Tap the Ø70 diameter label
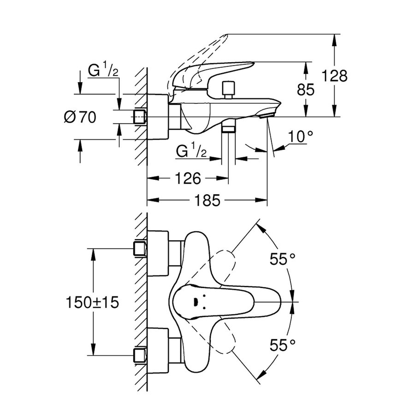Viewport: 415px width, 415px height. (x=80, y=118)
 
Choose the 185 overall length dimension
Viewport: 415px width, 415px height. (x=207, y=201)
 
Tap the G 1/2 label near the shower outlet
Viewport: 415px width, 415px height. (x=192, y=151)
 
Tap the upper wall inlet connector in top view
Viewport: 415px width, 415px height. (x=139, y=249)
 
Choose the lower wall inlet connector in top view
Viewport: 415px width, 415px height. (x=139, y=356)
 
